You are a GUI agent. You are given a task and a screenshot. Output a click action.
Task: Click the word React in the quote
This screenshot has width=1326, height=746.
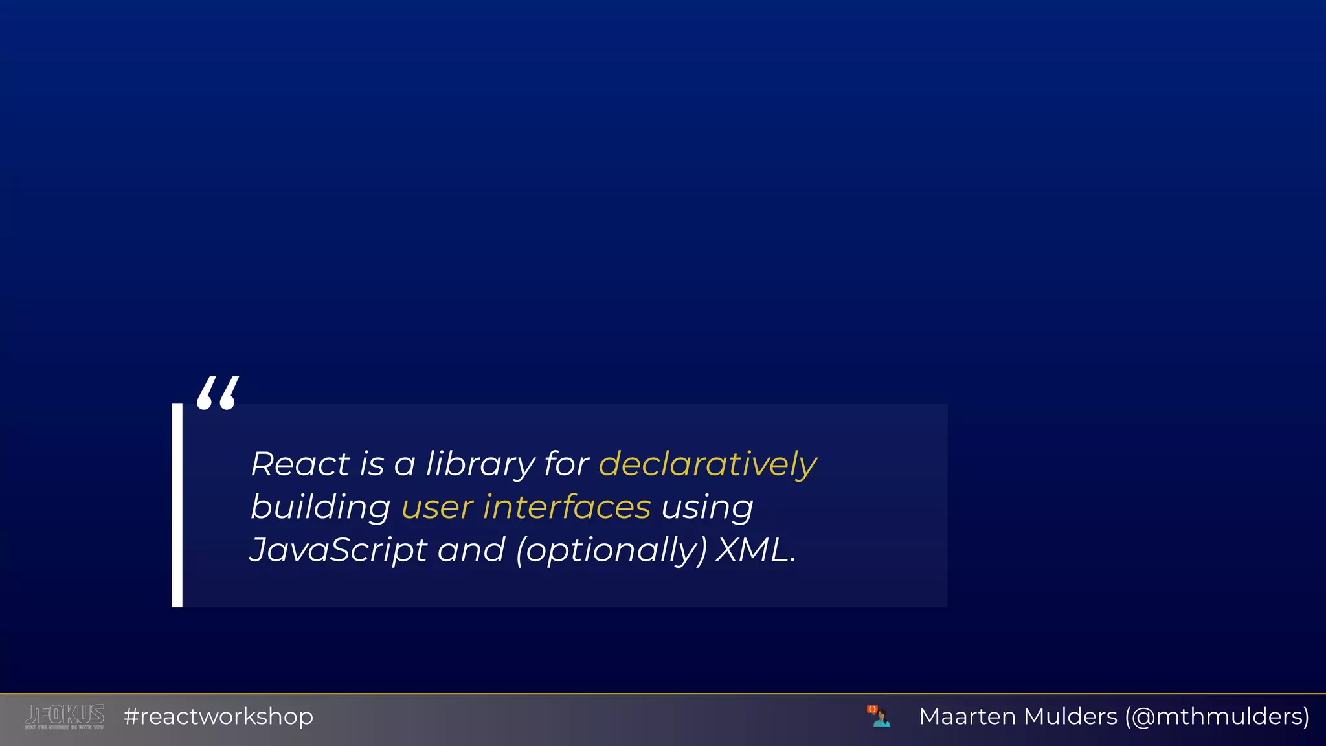point(300,464)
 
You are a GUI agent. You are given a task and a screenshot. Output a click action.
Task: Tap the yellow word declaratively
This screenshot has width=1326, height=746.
point(708,464)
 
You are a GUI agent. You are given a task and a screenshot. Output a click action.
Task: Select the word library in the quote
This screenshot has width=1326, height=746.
point(480,464)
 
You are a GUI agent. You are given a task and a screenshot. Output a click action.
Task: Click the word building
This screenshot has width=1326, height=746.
point(320,507)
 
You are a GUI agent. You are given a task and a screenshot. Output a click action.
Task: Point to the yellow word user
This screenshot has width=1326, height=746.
point(438,507)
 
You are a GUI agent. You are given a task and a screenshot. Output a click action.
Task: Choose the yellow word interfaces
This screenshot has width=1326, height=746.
point(567,507)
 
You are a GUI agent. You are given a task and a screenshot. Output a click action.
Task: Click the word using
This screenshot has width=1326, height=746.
point(707,507)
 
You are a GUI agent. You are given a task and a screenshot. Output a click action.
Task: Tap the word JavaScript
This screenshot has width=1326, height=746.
point(338,550)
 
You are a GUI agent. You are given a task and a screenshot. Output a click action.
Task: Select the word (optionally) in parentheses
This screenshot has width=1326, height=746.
point(611,550)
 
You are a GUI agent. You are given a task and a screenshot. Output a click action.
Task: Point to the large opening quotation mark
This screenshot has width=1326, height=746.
point(218,393)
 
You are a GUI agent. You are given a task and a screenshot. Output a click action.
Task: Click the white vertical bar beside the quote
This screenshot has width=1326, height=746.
point(177,505)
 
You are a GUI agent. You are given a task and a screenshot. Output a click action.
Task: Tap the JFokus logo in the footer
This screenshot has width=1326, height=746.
point(65,716)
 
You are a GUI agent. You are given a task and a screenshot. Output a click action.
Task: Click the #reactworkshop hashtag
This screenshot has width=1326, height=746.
point(218,716)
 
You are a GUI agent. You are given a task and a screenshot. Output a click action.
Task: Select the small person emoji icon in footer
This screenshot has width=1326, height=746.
point(879,716)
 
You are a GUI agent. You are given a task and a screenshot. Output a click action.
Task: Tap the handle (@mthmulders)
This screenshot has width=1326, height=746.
point(1217,716)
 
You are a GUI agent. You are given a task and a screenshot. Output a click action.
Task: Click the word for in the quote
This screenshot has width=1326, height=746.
point(567,464)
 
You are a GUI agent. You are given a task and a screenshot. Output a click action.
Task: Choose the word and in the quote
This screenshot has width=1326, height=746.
point(471,550)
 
